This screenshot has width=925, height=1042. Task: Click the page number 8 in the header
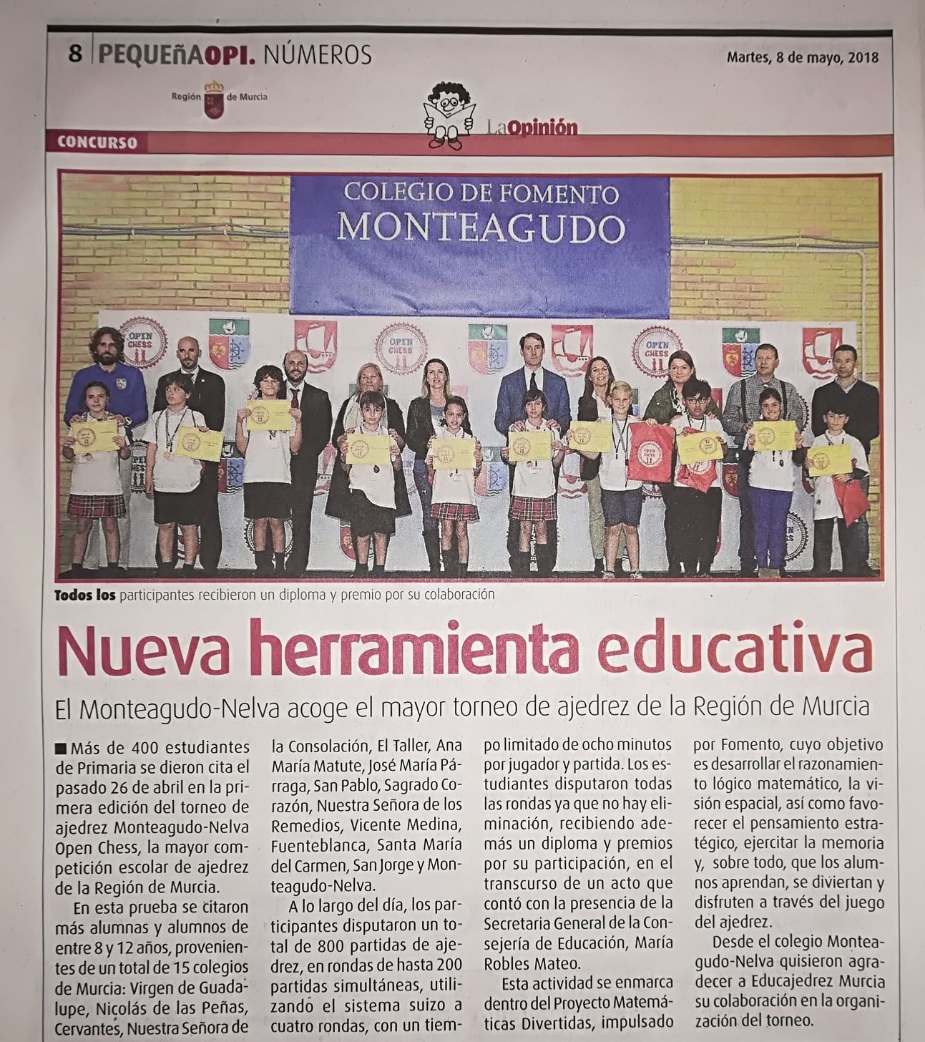pos(75,54)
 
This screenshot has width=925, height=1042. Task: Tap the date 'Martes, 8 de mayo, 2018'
pos(802,58)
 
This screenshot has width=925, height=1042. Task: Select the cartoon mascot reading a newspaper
pos(448,115)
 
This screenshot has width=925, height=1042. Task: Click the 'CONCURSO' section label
pos(97,142)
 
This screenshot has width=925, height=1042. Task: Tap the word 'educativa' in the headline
pos(735,650)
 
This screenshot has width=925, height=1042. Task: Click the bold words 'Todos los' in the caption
pos(85,595)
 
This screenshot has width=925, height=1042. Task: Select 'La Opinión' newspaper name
pos(530,127)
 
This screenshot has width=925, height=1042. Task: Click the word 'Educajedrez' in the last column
pos(786,982)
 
